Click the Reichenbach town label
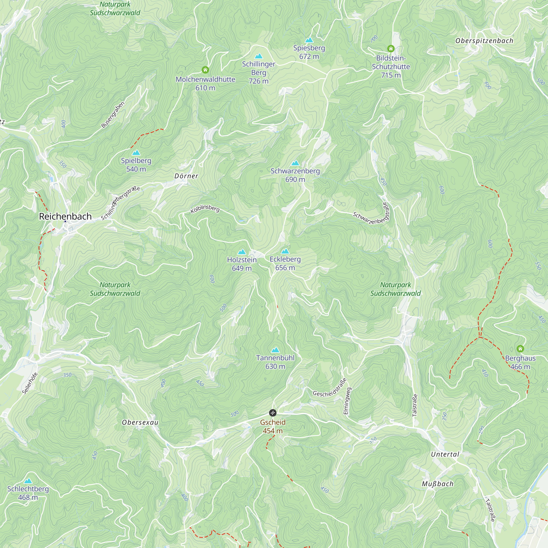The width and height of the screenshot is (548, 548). click(x=65, y=216)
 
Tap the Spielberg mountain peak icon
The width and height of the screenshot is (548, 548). click(x=136, y=153)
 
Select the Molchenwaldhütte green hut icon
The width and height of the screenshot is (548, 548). click(x=205, y=70)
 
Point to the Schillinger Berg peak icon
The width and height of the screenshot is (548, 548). click(x=259, y=56)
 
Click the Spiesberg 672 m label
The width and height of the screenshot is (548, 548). click(x=309, y=52)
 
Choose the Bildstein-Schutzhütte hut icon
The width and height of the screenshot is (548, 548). click(x=391, y=49)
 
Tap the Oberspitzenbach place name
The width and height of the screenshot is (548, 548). click(x=484, y=41)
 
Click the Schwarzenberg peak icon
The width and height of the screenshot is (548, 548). click(x=295, y=163)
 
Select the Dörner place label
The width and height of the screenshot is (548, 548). click(x=186, y=176)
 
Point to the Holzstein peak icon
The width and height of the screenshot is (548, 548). click(x=242, y=252)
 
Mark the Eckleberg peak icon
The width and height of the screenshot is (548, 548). click(x=285, y=251)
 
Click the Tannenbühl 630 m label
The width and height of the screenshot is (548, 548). click(x=275, y=362)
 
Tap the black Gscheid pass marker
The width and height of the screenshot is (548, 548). click(x=273, y=412)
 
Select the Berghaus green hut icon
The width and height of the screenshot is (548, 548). click(x=520, y=349)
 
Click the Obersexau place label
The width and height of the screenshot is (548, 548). click(x=140, y=422)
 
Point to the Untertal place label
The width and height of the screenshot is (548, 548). click(x=445, y=454)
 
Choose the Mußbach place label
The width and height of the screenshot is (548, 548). click(x=438, y=484)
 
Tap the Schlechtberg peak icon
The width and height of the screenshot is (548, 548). click(x=28, y=481)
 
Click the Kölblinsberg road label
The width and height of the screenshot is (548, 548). click(x=205, y=209)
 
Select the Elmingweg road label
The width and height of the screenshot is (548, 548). click(x=347, y=401)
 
